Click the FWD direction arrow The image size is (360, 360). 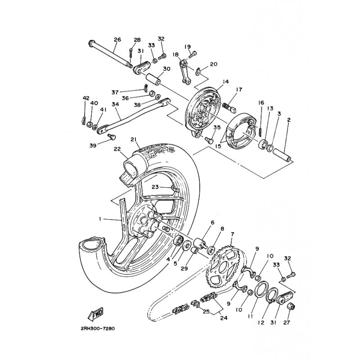96,314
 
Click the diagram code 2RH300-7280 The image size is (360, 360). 97,328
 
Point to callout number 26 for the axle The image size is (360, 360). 117,40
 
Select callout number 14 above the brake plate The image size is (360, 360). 226,82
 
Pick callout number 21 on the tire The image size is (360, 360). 134,139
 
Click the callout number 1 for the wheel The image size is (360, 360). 100,220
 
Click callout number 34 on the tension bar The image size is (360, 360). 116,104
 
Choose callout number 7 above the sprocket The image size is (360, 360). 233,234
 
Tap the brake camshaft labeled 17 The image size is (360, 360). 229,107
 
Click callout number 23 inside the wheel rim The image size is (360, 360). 155,187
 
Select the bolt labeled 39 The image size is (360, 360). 112,137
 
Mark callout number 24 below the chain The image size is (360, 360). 224,318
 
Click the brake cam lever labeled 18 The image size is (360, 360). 185,72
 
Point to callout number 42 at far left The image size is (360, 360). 86,98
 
